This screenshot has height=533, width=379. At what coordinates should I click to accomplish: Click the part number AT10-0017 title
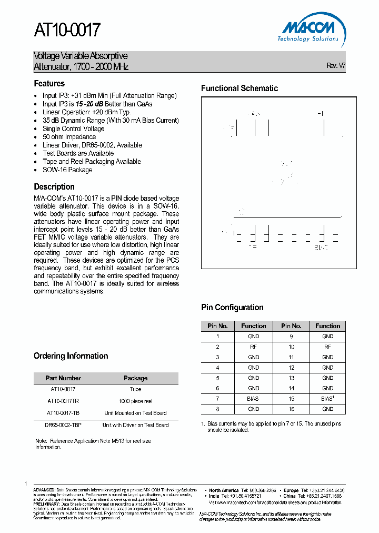[x=67, y=30]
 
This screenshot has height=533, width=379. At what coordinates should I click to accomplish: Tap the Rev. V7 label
[x=336, y=66]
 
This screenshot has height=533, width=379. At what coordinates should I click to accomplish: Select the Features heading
[x=49, y=84]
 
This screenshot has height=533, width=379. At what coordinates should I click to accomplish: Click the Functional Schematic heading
[x=239, y=88]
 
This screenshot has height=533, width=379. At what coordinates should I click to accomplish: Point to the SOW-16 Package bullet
[x=67, y=170]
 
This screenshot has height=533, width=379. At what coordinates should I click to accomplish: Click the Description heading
[x=54, y=187]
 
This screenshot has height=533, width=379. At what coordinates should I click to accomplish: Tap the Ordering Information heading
[x=71, y=356]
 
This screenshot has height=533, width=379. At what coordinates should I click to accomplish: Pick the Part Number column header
[x=63, y=378]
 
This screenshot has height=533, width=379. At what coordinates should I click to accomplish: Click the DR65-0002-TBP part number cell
[x=63, y=425]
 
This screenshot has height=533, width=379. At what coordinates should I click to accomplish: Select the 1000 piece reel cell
[x=135, y=401]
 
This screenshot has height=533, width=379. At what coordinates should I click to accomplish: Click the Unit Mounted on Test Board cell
[x=135, y=413]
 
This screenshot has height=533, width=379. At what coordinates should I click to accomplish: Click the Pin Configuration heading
[x=232, y=308]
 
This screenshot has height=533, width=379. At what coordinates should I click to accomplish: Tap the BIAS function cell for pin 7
[x=253, y=399]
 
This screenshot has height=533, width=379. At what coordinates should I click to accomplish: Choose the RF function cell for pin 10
[x=327, y=347]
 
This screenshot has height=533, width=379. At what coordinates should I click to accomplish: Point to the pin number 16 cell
[x=291, y=409]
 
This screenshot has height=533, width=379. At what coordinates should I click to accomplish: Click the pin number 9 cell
[x=291, y=336]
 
